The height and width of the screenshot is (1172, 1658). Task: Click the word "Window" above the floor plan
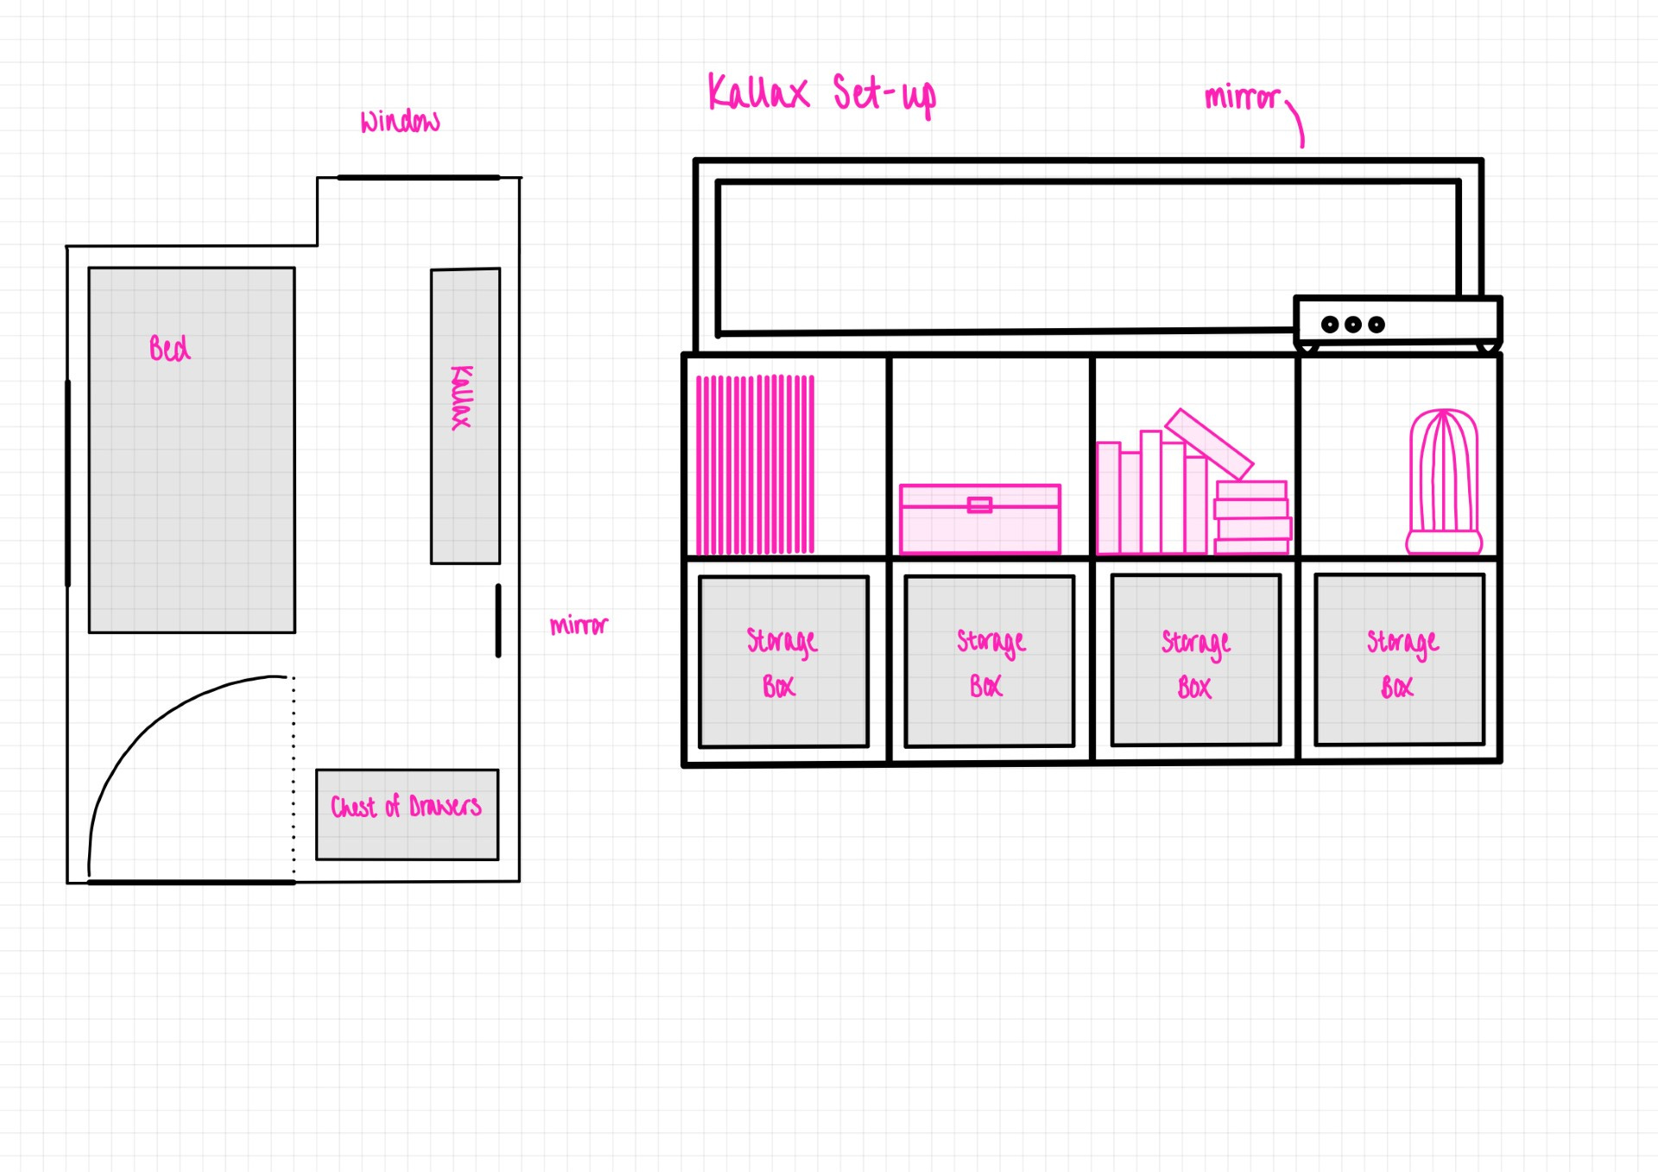click(400, 122)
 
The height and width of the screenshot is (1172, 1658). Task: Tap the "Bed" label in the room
click(169, 348)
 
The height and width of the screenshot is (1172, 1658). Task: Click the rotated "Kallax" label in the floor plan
click(462, 397)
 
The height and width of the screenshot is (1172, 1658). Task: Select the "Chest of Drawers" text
click(406, 807)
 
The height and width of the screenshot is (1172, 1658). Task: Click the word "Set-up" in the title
click(883, 94)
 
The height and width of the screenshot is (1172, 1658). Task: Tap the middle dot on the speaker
click(1353, 325)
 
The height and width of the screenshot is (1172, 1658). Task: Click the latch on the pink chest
click(979, 504)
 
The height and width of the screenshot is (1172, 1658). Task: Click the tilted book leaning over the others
click(1209, 444)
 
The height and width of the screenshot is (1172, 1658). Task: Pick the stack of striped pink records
click(755, 464)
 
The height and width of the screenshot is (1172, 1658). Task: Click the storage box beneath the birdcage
click(1399, 660)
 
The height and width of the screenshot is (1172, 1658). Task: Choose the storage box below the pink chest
click(989, 661)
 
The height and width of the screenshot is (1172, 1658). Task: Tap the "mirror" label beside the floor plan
click(579, 625)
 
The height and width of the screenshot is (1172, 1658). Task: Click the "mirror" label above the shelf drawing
click(1242, 98)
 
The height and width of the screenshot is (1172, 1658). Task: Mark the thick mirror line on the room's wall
click(498, 620)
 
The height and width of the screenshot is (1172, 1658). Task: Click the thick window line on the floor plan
click(418, 178)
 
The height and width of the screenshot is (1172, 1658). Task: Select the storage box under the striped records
click(783, 661)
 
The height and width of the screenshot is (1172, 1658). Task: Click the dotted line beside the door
click(294, 777)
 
